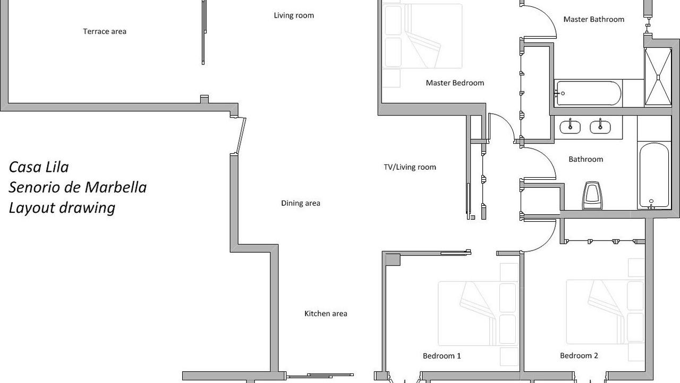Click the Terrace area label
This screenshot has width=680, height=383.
105,31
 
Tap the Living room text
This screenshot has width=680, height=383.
294,15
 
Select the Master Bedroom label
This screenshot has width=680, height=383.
455,82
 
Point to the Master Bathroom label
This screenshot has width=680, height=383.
594,20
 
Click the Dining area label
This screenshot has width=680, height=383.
301,203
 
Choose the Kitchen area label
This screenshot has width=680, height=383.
326,313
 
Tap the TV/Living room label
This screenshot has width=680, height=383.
410,167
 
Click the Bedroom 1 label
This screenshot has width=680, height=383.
441,356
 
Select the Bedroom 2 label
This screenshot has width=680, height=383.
579,355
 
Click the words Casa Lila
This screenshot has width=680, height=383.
39,167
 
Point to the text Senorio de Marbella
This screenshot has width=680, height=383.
78,187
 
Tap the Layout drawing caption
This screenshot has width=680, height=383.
62,208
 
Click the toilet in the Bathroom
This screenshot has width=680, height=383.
592,196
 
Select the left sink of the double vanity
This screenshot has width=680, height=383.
570,127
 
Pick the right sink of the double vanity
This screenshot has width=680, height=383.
600,127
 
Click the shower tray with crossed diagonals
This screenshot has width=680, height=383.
658,77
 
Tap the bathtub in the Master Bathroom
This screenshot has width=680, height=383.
588,93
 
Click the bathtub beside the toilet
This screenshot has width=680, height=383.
654,176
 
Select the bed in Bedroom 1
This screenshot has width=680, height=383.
478,313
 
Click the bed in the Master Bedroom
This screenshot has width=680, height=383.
422,36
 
